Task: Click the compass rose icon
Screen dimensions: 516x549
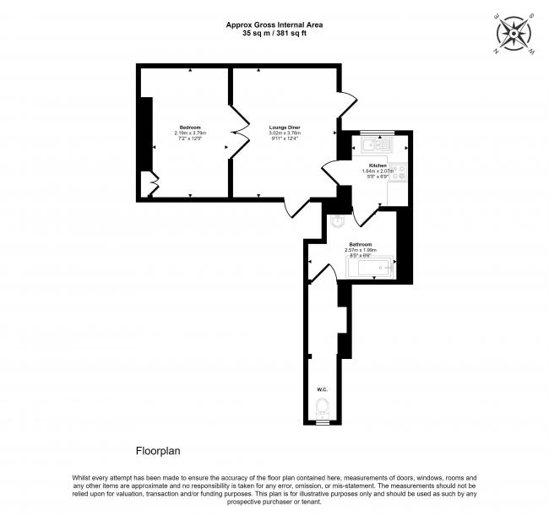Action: point(513,33)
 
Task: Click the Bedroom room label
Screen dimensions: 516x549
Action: point(190,127)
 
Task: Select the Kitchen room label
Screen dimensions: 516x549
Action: point(378,166)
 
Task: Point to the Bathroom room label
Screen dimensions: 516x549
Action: point(361,244)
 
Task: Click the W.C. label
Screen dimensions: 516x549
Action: point(322,389)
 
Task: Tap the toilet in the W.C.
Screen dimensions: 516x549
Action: point(322,409)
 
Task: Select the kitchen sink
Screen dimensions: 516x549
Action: point(372,146)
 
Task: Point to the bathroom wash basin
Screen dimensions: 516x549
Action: point(336,222)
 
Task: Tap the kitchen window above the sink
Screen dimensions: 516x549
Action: point(372,133)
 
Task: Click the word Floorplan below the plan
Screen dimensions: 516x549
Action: point(159,451)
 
